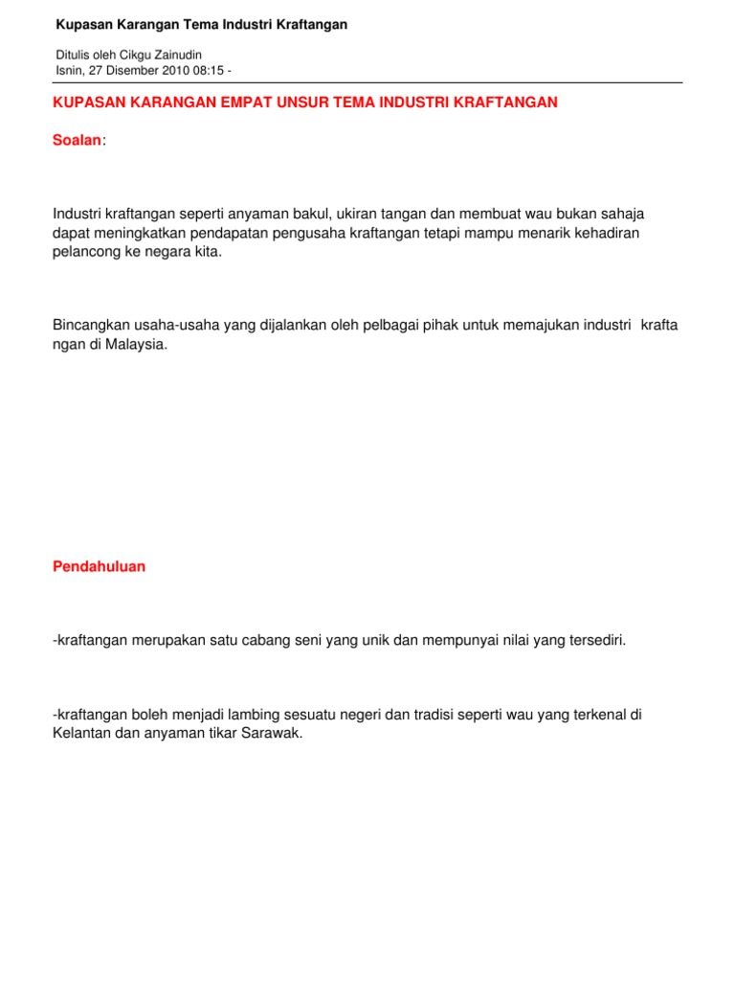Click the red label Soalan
(x=77, y=141)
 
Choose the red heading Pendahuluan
(x=99, y=566)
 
